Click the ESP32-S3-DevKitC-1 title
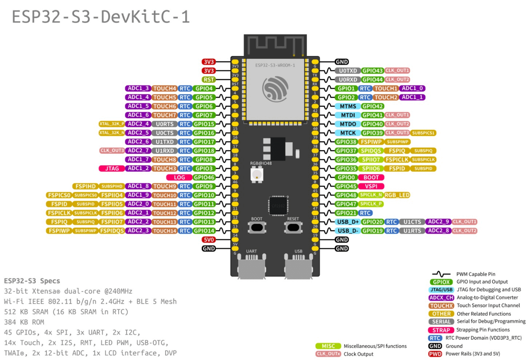(x=101, y=17)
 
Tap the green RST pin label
(x=208, y=79)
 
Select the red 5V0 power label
(x=208, y=240)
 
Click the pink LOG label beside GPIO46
(x=179, y=177)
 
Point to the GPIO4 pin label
(x=204, y=88)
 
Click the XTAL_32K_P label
(x=112, y=124)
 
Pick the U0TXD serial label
(x=347, y=71)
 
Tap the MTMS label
(x=348, y=106)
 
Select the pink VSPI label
(x=371, y=186)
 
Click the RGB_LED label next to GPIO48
(x=397, y=195)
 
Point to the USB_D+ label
(x=348, y=222)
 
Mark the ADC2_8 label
(x=438, y=231)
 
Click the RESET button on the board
(x=293, y=227)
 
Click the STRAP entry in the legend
(x=441, y=330)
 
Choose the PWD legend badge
(x=435, y=354)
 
